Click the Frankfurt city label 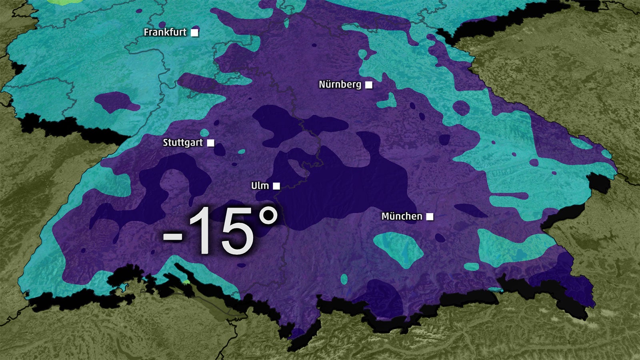(x=165, y=32)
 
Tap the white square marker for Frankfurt (x=194, y=33)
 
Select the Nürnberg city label (x=340, y=85)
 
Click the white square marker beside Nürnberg (x=369, y=85)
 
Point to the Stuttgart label (x=182, y=143)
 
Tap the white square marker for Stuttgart (x=210, y=143)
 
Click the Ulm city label (x=260, y=186)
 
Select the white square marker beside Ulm (x=276, y=186)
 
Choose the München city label (x=401, y=216)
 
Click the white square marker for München (x=430, y=216)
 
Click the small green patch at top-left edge (x=64, y=2)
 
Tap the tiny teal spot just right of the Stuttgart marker (x=241, y=152)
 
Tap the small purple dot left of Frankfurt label (x=162, y=24)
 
